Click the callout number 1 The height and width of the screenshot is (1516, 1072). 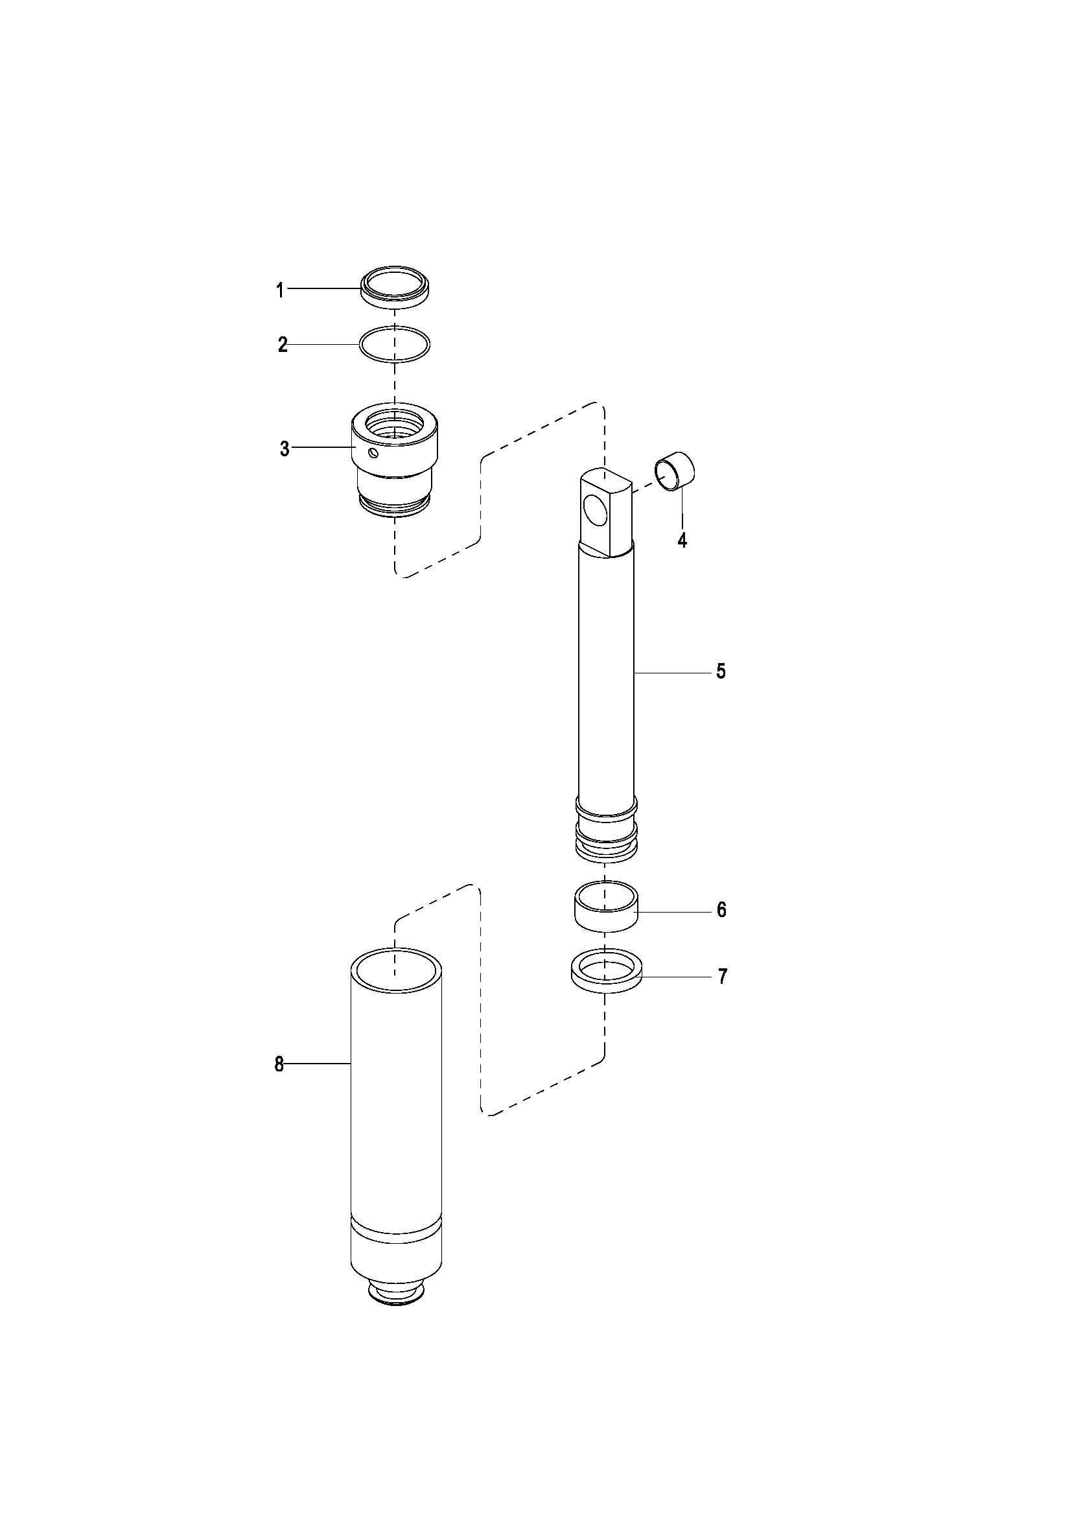pyautogui.click(x=280, y=290)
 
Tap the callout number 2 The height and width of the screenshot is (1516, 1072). pyautogui.click(x=283, y=345)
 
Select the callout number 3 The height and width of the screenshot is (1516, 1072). pyautogui.click(x=285, y=449)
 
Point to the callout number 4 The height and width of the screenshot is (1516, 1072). pyautogui.click(x=682, y=540)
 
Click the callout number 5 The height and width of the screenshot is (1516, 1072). pyautogui.click(x=721, y=672)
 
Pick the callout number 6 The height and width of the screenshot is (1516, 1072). pyautogui.click(x=721, y=910)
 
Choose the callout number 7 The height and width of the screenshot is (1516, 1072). pyautogui.click(x=722, y=976)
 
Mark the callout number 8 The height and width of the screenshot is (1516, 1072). pyautogui.click(x=279, y=1064)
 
